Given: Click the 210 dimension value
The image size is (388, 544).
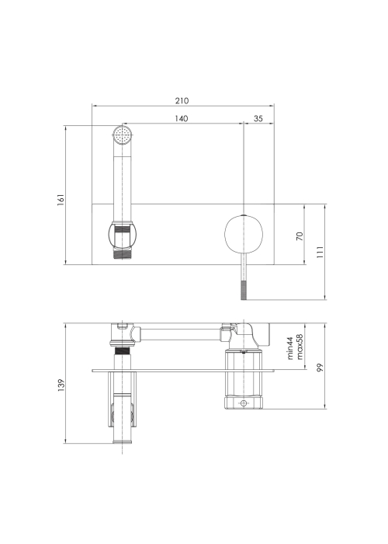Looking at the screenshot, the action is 182,101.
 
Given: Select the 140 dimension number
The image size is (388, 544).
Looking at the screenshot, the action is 181,119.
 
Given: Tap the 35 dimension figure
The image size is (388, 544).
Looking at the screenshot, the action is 258,119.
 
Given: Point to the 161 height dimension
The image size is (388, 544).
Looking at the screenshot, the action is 61,200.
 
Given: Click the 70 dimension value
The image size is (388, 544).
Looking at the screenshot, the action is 300,236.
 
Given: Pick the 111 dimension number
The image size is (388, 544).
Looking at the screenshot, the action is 320,252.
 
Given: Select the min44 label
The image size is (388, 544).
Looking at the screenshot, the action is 290,348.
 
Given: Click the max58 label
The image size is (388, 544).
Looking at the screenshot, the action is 300,347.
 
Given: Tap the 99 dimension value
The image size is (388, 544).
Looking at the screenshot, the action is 320,368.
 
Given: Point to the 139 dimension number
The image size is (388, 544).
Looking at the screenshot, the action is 61,385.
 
